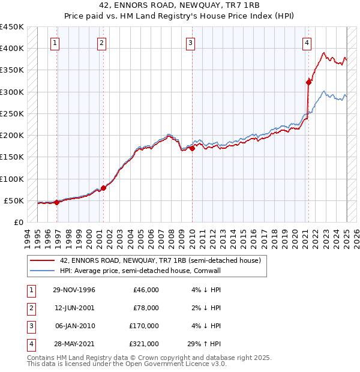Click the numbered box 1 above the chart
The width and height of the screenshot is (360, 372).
click(x=55, y=43)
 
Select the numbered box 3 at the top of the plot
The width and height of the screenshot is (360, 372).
click(x=190, y=43)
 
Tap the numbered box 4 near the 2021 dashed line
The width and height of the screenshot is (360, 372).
click(x=307, y=43)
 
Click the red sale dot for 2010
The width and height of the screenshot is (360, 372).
click(x=192, y=148)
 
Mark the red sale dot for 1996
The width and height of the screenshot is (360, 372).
click(x=57, y=202)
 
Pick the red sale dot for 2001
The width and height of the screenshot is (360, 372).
click(x=103, y=188)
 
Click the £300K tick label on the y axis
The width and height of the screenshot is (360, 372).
click(x=12, y=92)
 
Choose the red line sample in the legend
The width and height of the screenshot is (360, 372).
click(x=41, y=261)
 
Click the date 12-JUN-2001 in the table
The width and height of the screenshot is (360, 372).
click(x=74, y=308)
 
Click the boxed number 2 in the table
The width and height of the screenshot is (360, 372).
click(x=31, y=308)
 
